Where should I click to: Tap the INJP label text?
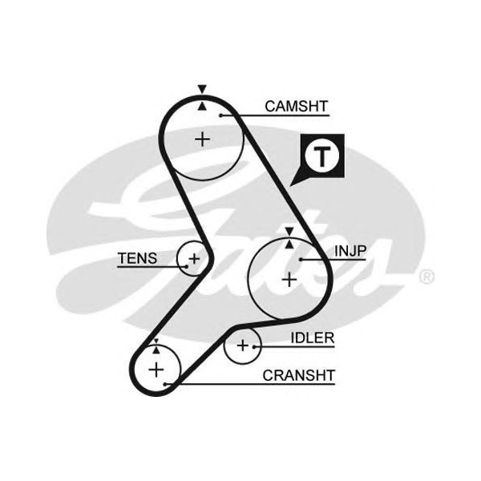tap(350, 251)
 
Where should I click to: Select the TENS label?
tap(137, 258)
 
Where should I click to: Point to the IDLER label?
tap(313, 338)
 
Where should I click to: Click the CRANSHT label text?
tap(299, 374)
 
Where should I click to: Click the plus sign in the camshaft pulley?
tap(203, 139)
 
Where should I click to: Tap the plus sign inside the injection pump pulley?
tap(289, 279)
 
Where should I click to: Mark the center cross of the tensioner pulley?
tap(193, 259)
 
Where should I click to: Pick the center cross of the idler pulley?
tap(242, 346)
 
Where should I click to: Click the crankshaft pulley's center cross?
tap(156, 369)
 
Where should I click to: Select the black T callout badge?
tap(321, 157)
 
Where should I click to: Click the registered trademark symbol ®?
tap(426, 278)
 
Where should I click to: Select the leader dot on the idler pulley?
tap(255, 346)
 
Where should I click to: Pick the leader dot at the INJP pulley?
tap(300, 260)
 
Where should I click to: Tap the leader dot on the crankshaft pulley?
tap(165, 385)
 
